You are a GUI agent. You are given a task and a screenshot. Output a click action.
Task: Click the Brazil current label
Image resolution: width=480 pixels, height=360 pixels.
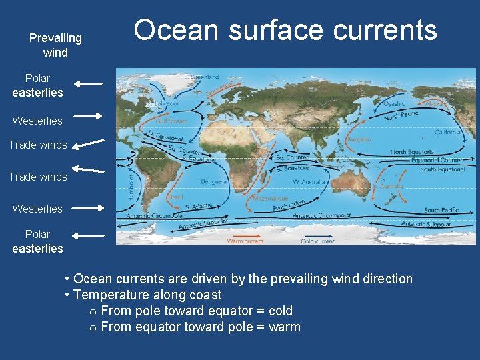point(175,198)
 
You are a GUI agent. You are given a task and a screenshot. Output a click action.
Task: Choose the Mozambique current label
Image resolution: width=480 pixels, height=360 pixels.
point(271,199)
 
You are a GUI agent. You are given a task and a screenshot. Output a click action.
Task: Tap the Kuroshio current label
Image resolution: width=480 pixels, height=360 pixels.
point(359,139)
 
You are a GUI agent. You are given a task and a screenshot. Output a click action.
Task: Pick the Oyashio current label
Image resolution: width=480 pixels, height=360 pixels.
point(395,104)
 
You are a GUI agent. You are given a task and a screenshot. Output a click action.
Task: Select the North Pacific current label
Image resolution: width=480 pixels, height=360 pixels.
point(401,115)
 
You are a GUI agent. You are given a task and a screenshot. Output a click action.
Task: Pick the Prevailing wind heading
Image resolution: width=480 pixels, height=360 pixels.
point(55,45)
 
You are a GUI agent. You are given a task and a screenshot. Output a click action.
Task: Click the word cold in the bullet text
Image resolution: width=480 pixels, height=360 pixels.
point(280,311)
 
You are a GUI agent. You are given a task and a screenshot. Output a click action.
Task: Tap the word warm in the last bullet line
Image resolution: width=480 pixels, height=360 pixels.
point(284,327)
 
